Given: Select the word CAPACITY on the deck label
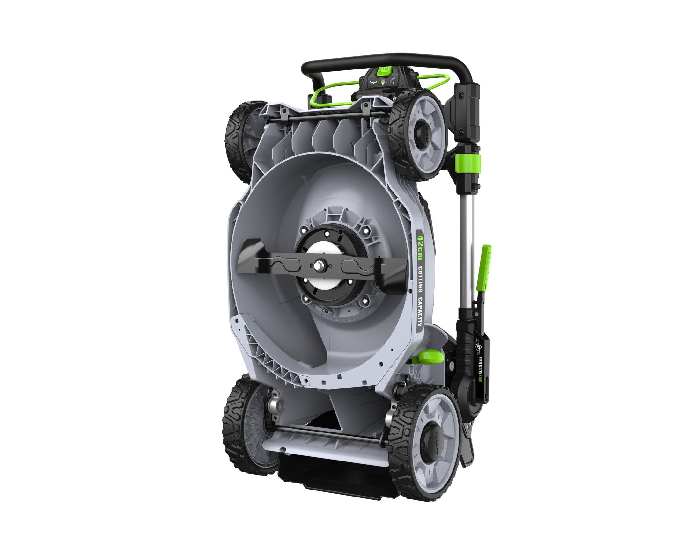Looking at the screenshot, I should [419, 311].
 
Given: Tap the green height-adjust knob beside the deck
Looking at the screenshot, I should [428, 357].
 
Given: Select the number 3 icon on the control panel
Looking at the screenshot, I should [377, 83].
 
